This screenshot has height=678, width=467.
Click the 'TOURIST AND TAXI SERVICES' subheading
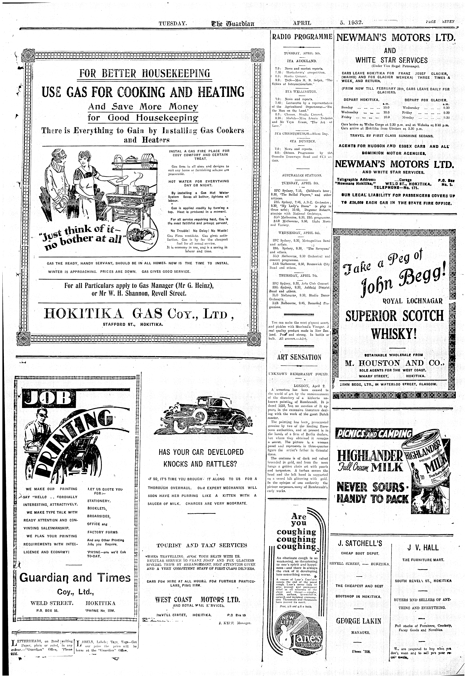pos(202,545)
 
